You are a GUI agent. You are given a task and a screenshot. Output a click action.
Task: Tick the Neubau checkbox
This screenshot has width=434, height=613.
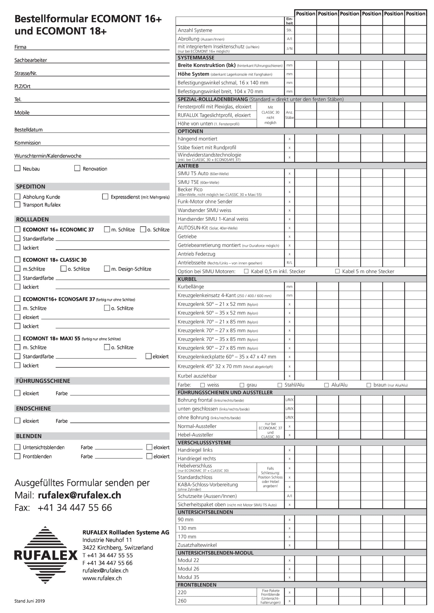(17, 168)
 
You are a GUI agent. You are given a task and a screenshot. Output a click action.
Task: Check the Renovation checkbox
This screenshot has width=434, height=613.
(77, 168)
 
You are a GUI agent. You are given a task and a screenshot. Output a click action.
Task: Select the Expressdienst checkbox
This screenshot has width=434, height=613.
(105, 197)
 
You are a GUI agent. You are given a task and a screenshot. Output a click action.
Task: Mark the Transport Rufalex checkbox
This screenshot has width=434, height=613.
(17, 204)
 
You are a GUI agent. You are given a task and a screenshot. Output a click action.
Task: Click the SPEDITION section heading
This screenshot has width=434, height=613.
(30, 187)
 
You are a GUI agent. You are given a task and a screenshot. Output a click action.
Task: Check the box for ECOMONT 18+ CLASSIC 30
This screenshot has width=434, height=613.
(17, 260)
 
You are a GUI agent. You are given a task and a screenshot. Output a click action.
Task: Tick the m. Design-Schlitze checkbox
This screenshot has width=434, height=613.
(107, 269)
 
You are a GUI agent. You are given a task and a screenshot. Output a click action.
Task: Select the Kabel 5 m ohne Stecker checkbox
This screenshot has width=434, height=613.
(337, 271)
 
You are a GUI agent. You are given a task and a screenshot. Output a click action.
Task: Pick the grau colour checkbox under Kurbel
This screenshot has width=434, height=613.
(242, 385)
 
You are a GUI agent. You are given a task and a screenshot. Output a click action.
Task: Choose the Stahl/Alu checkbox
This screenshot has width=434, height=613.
(280, 385)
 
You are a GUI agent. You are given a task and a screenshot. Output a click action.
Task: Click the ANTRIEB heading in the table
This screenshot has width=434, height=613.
(188, 166)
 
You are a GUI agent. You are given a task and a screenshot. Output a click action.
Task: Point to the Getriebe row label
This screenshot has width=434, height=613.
(187, 237)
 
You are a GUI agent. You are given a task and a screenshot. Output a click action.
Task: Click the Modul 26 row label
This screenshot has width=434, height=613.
(188, 569)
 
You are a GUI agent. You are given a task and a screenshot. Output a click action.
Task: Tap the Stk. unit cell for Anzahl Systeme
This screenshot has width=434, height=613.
(289, 30)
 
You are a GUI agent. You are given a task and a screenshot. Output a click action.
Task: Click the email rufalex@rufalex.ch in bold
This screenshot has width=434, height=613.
(79, 495)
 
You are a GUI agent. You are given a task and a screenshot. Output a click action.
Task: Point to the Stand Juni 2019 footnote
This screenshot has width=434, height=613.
(30, 601)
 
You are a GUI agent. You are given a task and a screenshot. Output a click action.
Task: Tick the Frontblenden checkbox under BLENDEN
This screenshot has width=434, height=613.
(17, 456)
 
